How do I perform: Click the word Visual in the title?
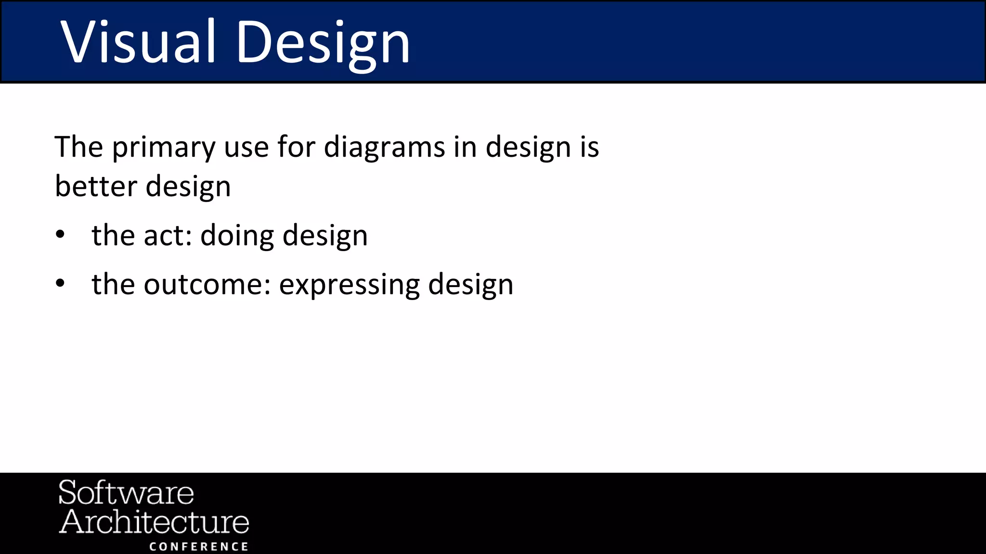pos(137,42)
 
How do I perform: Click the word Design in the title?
pos(323,44)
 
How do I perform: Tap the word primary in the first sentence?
pos(164,148)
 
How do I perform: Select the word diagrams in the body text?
pos(384,148)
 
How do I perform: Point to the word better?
pos(96,187)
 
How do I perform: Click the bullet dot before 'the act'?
pos(60,235)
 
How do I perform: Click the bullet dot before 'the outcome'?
pos(60,284)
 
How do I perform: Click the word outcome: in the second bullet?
pos(207,285)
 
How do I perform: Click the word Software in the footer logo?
pos(126,493)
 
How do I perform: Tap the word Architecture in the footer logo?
pos(154,522)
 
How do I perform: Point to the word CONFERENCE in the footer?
pos(199,547)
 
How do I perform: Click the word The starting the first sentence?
pos(78,147)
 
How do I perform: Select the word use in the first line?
pos(246,148)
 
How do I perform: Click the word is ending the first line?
pos(589,147)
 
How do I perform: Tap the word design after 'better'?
pos(188,188)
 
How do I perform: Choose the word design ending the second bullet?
pos(470,286)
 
